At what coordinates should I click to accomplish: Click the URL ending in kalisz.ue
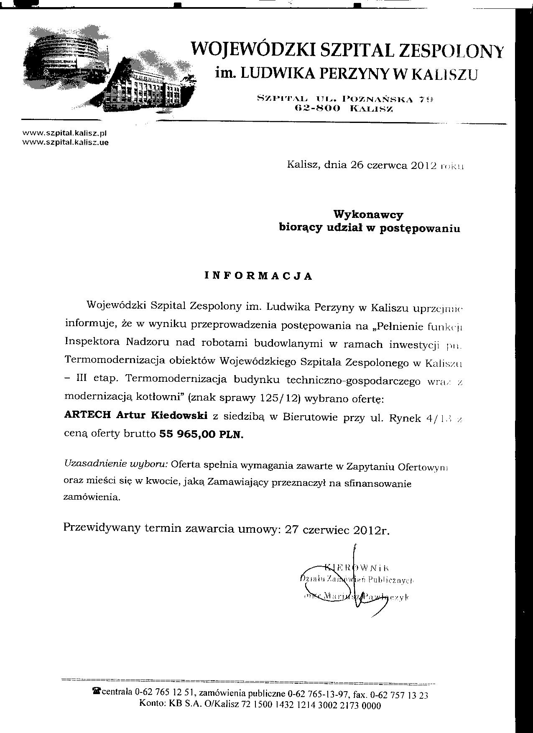(x=65, y=142)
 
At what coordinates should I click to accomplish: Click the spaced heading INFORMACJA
(x=258, y=276)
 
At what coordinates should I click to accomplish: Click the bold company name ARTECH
(x=87, y=416)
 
